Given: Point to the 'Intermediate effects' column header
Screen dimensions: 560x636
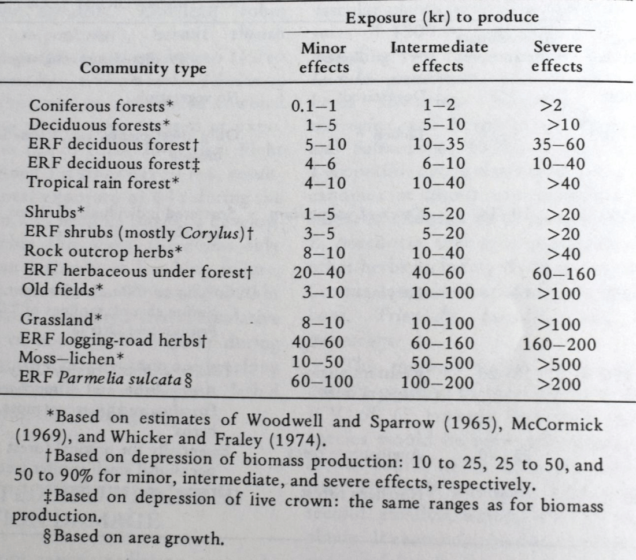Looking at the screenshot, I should pyautogui.click(x=439, y=56).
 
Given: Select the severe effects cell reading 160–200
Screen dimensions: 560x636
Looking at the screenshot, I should pyautogui.click(x=558, y=346).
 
